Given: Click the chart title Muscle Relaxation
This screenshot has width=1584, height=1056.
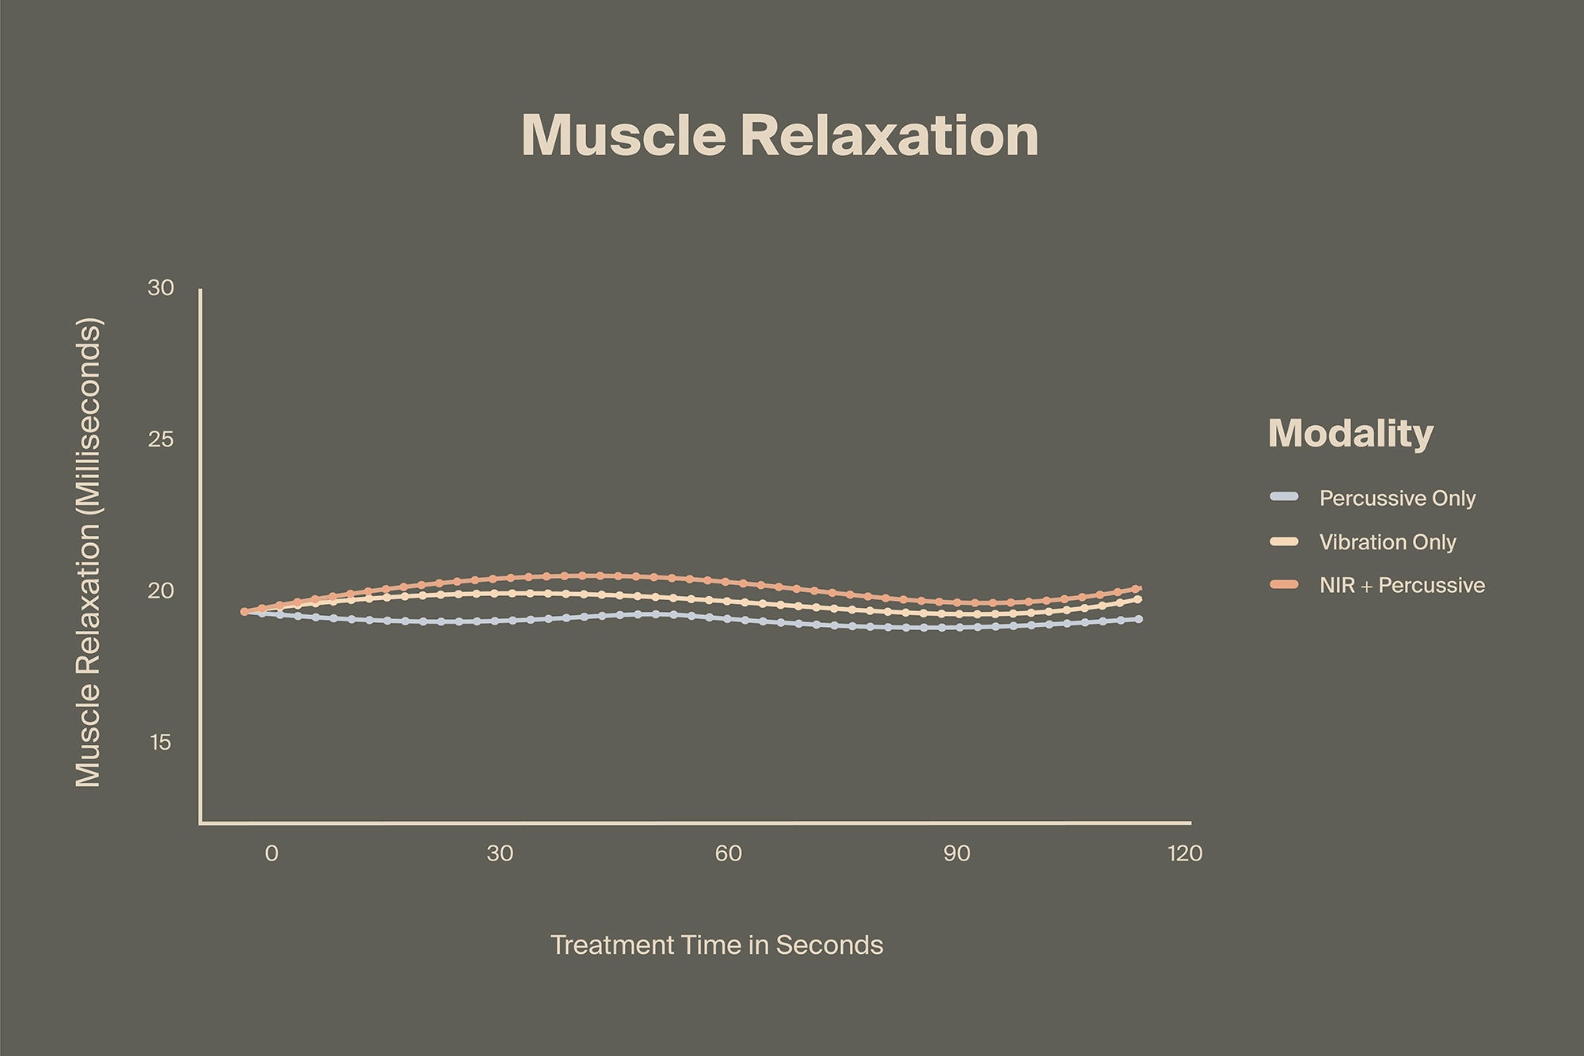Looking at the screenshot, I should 780,136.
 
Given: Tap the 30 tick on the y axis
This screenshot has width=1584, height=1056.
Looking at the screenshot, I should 161,288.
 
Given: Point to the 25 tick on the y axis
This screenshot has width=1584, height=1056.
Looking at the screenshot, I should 161,440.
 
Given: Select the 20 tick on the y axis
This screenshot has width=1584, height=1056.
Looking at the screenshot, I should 161,591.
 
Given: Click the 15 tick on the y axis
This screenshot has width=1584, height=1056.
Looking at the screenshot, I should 161,743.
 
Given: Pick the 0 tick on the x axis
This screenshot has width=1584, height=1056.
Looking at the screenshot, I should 272,853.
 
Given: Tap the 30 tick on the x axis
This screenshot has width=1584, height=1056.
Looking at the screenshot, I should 500,853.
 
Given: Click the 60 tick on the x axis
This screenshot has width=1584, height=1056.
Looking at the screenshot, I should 729,853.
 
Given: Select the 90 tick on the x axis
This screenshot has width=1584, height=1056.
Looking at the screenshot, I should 957,853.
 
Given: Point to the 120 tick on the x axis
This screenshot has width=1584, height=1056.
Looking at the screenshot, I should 1185,853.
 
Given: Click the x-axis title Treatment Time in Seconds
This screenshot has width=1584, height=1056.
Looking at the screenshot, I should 717,945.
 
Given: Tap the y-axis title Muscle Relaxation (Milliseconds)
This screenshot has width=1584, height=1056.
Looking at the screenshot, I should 89,553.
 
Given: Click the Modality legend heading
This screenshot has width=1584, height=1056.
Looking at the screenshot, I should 1350,433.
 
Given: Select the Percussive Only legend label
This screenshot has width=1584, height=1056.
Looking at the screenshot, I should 1397,499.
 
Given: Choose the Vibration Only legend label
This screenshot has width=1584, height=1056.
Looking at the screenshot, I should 1388,542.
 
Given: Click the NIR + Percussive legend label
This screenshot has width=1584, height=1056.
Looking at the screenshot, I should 1402,586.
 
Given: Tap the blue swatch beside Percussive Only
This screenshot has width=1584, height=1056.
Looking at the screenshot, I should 1284,497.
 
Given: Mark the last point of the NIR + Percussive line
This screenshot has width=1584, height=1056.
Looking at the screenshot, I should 1137,589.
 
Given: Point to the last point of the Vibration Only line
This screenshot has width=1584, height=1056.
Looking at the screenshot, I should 1138,599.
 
